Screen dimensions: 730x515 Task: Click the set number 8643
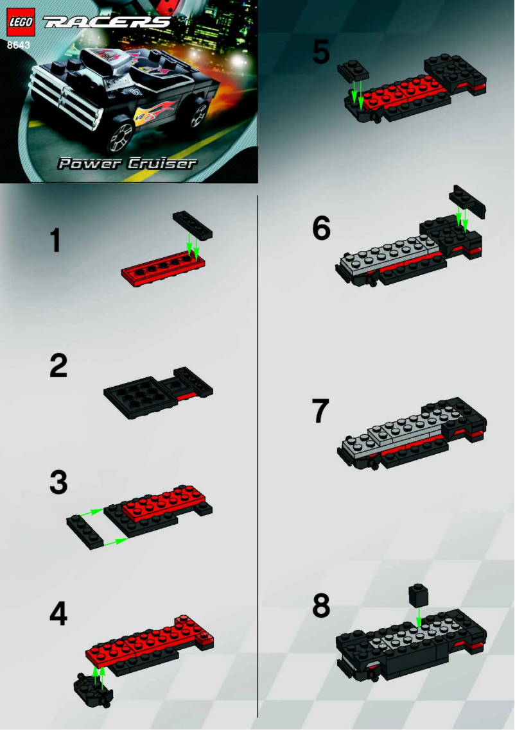[x=18, y=45]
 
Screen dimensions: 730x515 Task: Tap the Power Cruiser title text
[x=127, y=164]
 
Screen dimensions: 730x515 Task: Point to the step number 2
[x=58, y=366]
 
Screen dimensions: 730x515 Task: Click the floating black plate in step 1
[x=193, y=226]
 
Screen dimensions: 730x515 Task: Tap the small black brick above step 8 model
[x=418, y=595]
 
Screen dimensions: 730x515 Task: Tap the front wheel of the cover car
[x=120, y=135]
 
